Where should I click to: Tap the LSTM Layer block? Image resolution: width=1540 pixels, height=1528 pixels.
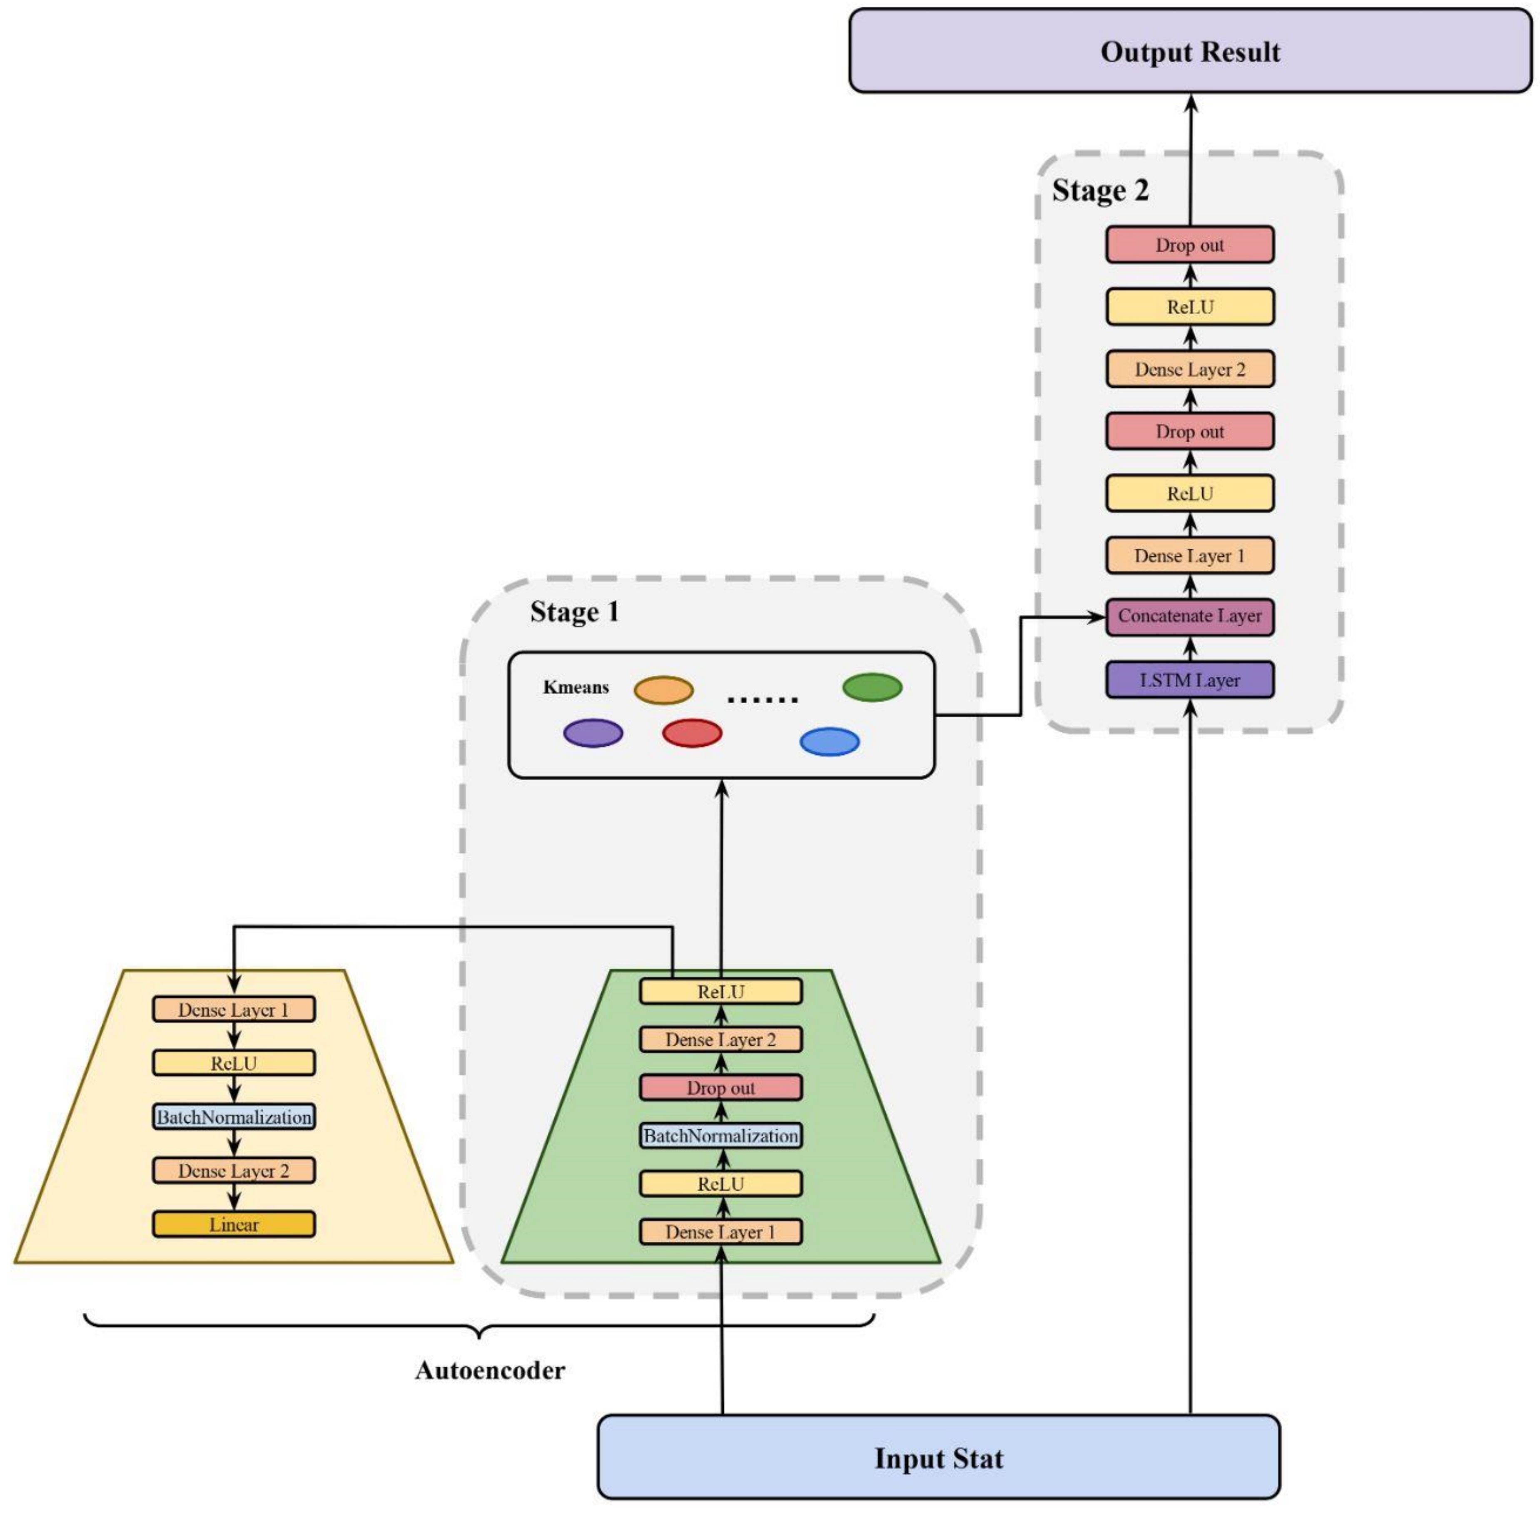(x=1189, y=680)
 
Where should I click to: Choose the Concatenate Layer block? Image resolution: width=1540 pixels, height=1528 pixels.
(x=1189, y=616)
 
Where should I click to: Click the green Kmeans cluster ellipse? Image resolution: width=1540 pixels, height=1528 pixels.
(x=872, y=687)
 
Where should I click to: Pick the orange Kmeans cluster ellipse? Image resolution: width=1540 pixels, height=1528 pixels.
(x=663, y=690)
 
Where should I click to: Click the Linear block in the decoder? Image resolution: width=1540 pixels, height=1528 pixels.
(x=234, y=1225)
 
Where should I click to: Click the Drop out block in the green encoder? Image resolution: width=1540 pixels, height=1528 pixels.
(x=720, y=1087)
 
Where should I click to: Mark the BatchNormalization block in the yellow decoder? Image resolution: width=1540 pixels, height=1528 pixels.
(x=234, y=1117)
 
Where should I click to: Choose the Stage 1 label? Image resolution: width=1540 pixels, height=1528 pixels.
(x=574, y=612)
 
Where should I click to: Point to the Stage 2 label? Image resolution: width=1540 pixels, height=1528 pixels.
(x=1100, y=191)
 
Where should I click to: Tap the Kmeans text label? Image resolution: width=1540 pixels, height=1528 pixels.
(x=576, y=687)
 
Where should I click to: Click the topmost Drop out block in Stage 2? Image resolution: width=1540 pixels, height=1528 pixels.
(x=1189, y=245)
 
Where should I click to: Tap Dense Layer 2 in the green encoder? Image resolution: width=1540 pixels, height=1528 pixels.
(x=720, y=1039)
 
